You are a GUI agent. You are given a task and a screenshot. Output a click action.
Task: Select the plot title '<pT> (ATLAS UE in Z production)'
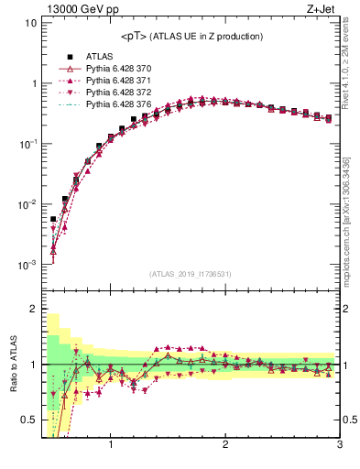191,36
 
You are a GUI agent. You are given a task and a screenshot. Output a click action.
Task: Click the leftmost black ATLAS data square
53,220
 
